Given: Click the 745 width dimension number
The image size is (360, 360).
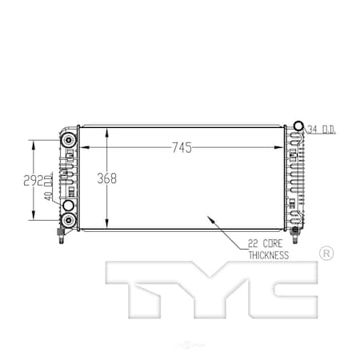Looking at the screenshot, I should coord(182,146).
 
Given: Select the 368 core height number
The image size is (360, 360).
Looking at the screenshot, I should coord(106,178).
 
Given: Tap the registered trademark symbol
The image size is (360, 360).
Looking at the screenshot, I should coord(326,254).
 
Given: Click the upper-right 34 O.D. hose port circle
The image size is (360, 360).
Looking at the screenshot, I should coord(298,126).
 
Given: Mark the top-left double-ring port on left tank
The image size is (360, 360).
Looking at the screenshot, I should coord(69,141).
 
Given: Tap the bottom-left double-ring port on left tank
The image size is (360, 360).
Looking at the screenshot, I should coord(69,218).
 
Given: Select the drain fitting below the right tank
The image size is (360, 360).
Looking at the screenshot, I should coord(295,233).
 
